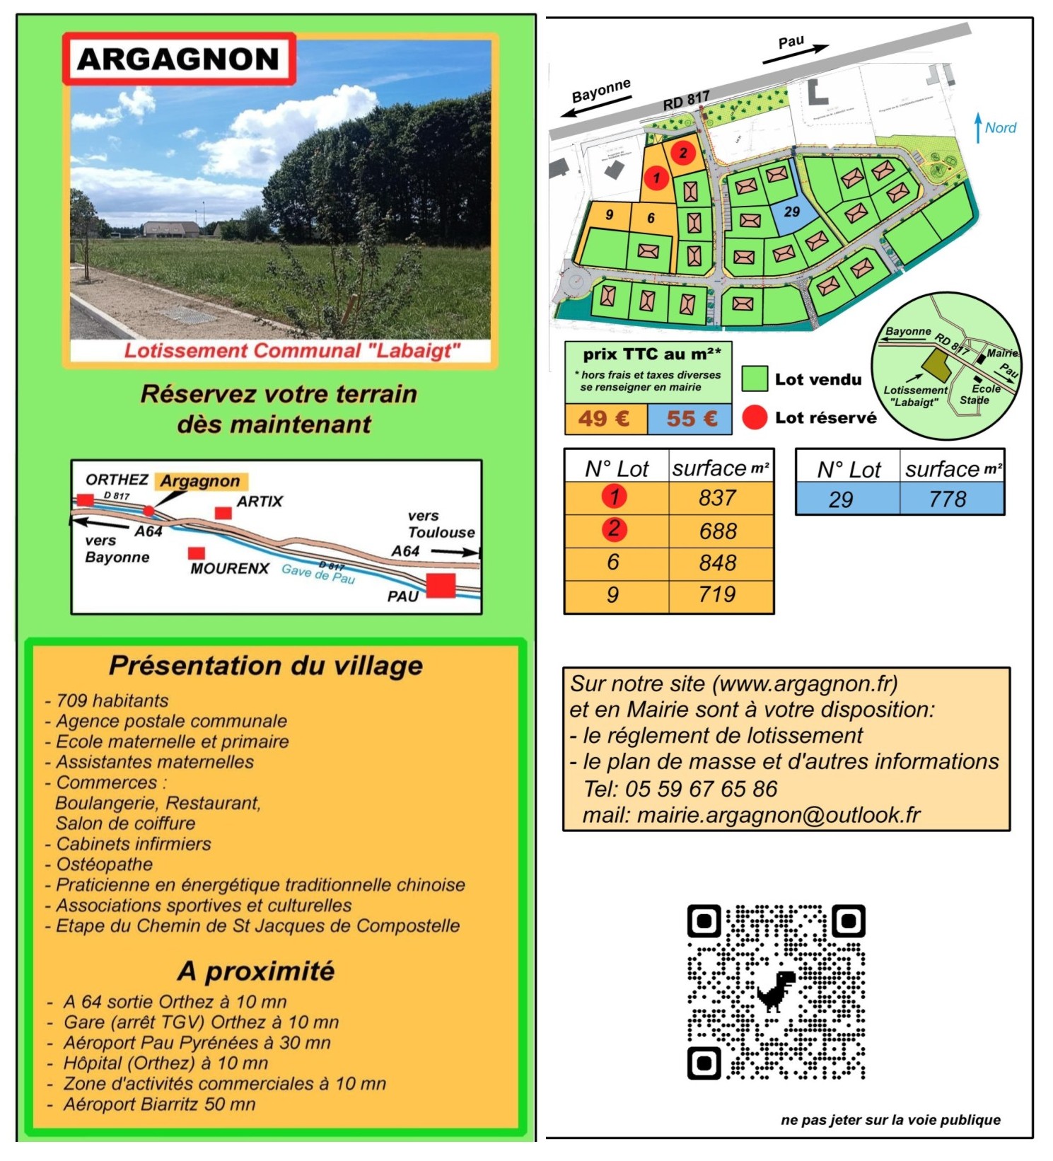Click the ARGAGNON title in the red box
(x=178, y=59)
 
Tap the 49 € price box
(x=605, y=418)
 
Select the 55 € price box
(x=691, y=418)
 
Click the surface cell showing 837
(x=719, y=498)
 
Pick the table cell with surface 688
(x=719, y=531)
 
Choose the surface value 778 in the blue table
(x=948, y=499)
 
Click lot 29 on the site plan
(x=792, y=212)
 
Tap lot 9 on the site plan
(x=609, y=215)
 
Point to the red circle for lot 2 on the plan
(x=683, y=153)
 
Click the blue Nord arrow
(x=978, y=127)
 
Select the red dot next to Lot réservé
(x=755, y=417)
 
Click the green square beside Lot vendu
(x=755, y=379)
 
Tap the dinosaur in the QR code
(x=776, y=990)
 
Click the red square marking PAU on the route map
(x=441, y=586)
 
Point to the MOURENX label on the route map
(x=230, y=569)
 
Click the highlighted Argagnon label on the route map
(x=200, y=481)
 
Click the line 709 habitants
(x=112, y=700)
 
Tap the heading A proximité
(x=256, y=971)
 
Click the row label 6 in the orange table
(x=613, y=562)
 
